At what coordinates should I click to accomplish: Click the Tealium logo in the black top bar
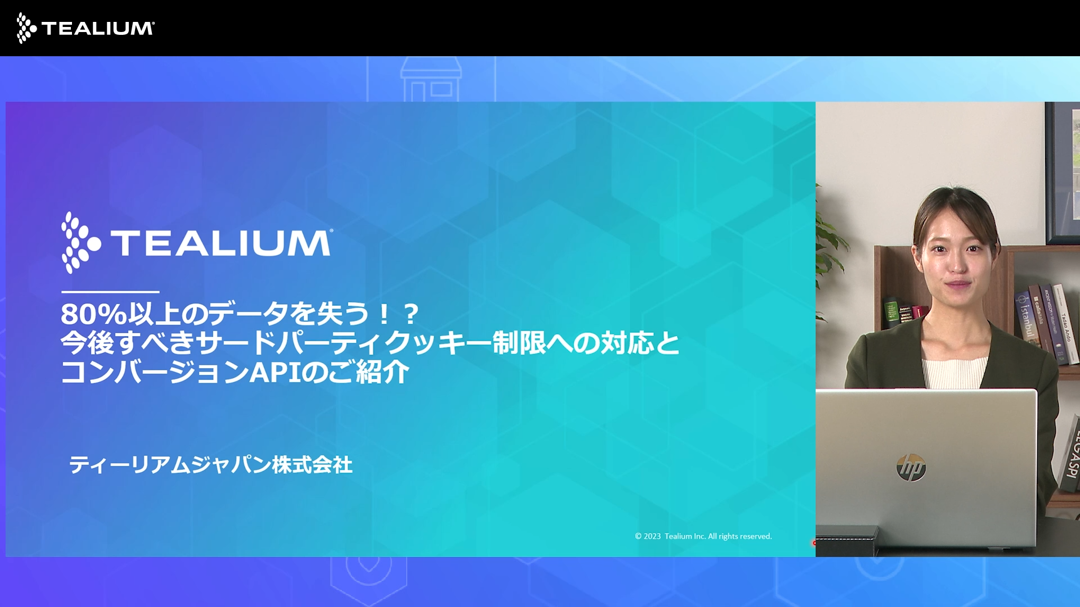(85, 28)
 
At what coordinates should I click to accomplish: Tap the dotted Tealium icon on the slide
(80, 243)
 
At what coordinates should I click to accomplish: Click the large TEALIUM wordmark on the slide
(221, 243)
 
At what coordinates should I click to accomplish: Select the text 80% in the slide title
(93, 314)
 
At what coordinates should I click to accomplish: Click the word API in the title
(275, 372)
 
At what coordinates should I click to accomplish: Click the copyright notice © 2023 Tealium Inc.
(703, 536)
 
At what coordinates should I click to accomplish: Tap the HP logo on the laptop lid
(911, 468)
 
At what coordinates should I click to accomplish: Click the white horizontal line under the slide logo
(110, 292)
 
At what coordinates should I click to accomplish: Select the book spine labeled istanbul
(1027, 318)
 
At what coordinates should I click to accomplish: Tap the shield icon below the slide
(368, 576)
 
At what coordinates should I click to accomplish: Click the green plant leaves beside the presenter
(830, 247)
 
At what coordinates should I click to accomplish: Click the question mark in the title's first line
(411, 314)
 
